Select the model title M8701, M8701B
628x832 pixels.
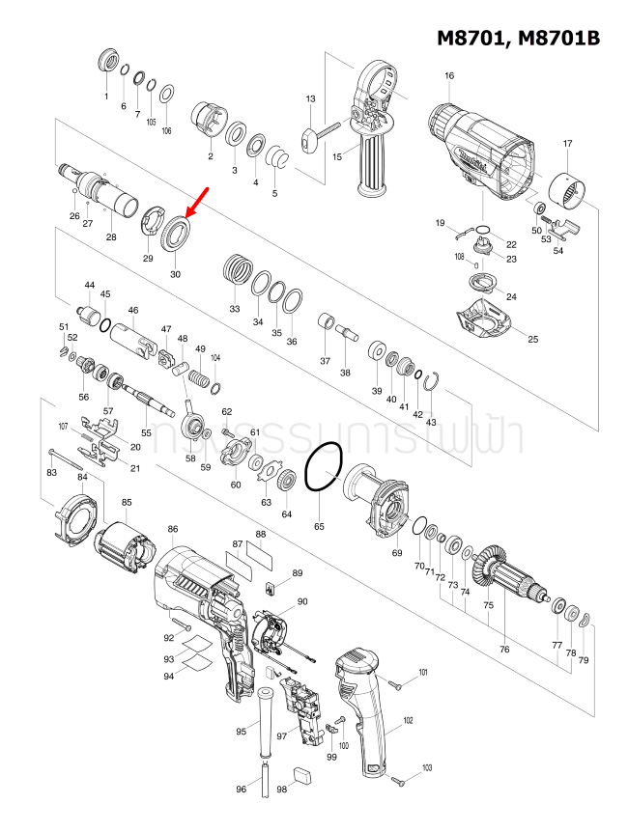tap(518, 39)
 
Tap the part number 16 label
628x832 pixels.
tap(449, 76)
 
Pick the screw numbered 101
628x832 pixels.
tap(396, 681)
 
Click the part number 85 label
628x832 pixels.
tap(127, 502)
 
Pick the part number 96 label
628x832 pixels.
tap(242, 790)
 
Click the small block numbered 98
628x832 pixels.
tap(301, 772)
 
